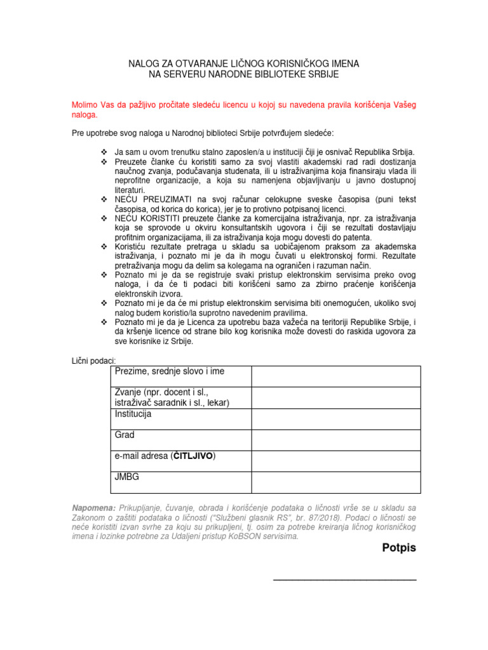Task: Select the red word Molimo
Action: [x=86, y=104]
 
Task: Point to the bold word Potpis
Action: [x=399, y=548]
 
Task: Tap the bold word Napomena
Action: [x=93, y=508]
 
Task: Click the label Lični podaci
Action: [x=93, y=361]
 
